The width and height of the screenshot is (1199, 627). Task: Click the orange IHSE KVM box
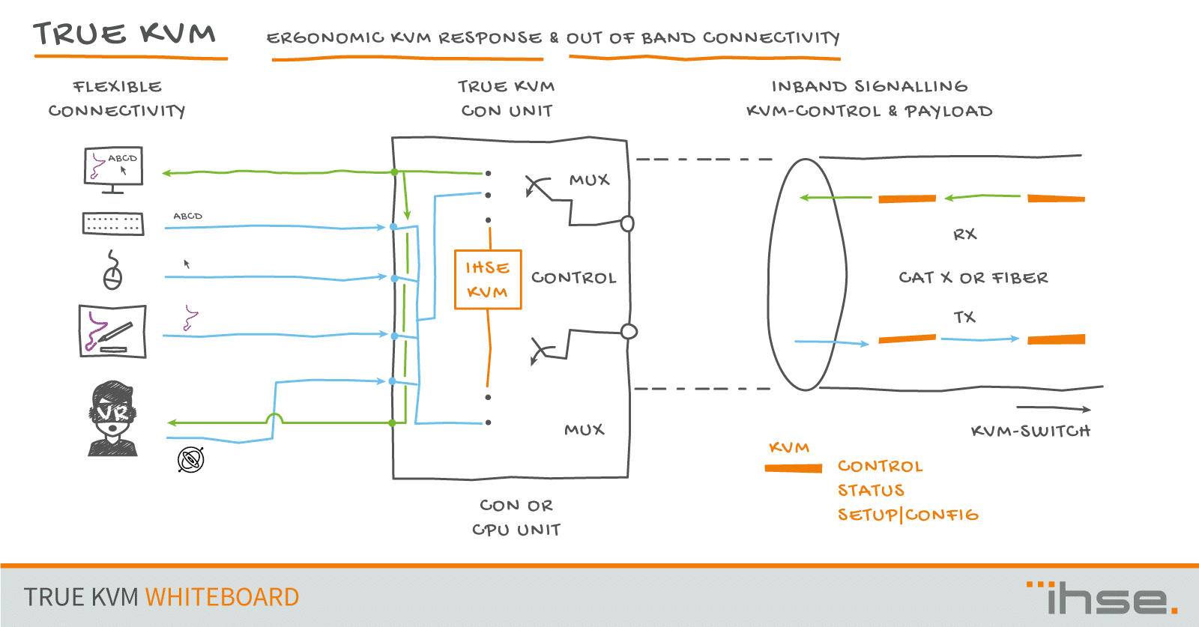coord(488,279)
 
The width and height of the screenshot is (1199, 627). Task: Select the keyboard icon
coord(113,223)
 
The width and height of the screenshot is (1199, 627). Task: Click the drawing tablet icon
coord(112,331)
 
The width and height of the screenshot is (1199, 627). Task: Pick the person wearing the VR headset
coord(113,418)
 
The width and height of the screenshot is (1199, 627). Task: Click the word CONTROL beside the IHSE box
coord(573,278)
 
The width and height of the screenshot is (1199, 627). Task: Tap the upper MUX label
coord(589,181)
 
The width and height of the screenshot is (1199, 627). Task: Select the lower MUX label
coord(584,430)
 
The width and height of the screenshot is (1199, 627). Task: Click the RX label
coord(964,234)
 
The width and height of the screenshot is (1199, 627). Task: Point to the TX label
coord(964,318)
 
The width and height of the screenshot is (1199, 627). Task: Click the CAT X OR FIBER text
coord(973,278)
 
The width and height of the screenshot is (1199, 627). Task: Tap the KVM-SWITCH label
coord(1030,431)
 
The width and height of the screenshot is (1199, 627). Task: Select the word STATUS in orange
coord(871,491)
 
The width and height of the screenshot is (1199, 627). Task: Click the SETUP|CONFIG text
coord(907,515)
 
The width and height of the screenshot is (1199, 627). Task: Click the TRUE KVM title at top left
coord(124,34)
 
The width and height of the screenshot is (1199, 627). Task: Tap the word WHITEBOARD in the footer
coord(222,597)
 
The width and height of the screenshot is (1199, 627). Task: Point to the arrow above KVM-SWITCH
coord(1053,408)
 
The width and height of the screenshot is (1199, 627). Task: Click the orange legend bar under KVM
coord(793,468)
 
